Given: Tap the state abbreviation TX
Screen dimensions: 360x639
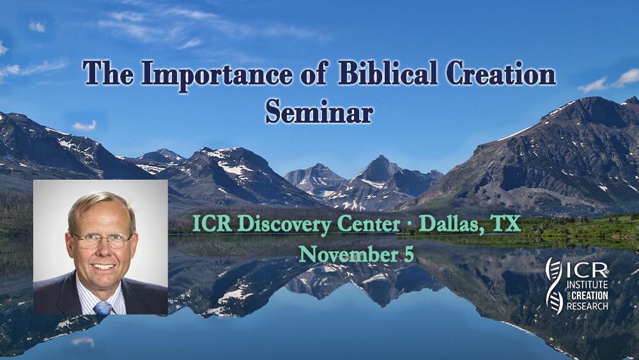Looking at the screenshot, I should point(506,224).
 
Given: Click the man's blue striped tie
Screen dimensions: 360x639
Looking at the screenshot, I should point(103,307).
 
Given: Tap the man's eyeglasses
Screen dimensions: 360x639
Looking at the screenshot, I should point(102,240).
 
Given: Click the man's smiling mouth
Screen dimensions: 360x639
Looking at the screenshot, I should point(104,267).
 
